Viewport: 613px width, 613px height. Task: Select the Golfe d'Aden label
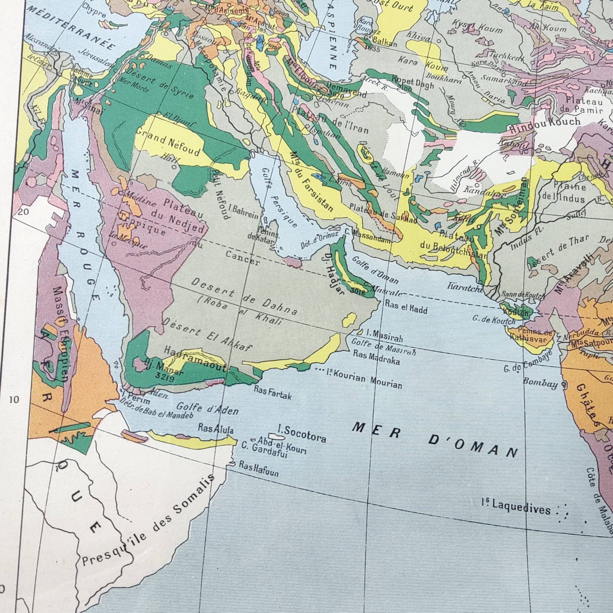(207, 409)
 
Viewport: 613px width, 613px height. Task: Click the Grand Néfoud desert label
(168, 144)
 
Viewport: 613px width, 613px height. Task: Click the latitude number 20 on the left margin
(24, 212)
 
